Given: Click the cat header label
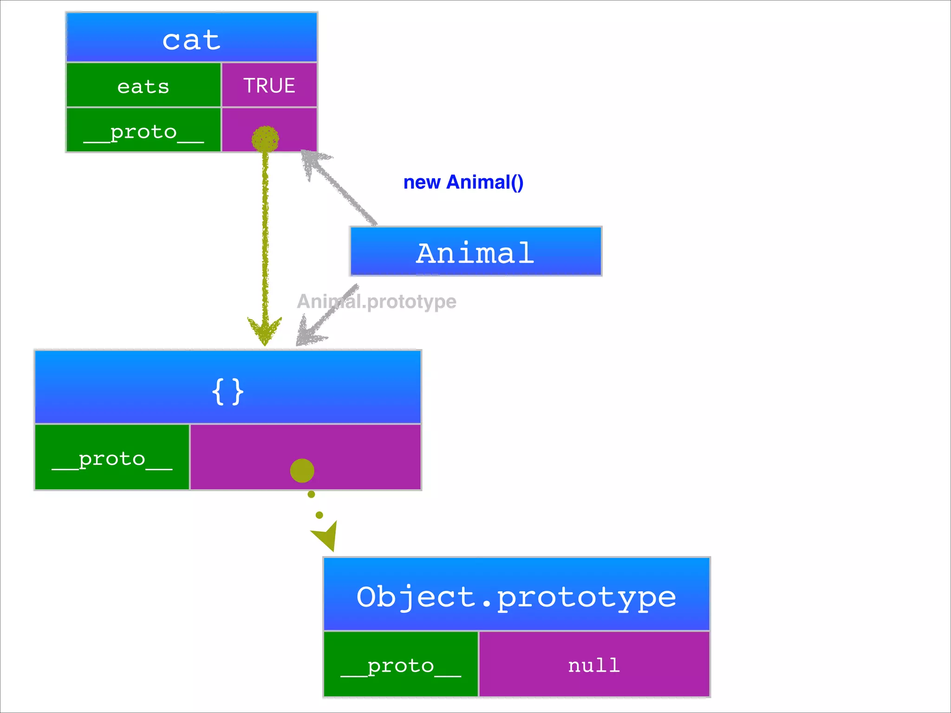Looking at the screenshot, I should tap(191, 40).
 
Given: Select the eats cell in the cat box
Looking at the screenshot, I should tap(143, 86).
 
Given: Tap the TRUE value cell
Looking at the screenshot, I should tap(269, 85).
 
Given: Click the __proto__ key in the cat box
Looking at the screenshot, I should tap(143, 132).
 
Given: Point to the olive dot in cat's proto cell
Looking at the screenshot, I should tap(265, 139).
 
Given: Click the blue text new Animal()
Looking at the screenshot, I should tap(463, 182).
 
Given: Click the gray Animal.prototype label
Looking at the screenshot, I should tap(377, 302).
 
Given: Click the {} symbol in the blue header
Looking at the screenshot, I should tap(228, 391).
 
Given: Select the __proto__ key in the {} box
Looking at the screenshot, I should tap(112, 459).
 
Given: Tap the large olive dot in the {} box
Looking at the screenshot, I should tap(302, 471).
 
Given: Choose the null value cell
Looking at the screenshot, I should tap(594, 665).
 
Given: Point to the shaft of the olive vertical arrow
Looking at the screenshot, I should tap(265, 232).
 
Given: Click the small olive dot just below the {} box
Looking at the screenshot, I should tap(311, 495).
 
